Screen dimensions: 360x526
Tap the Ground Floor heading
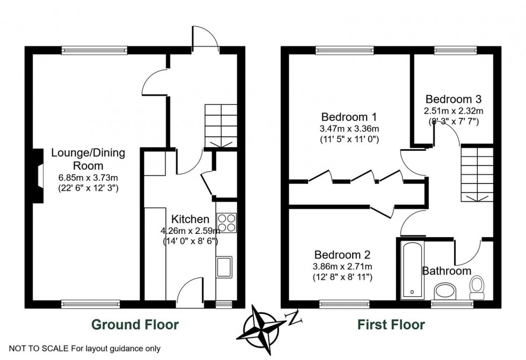[135, 325]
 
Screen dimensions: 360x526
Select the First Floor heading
[391, 325]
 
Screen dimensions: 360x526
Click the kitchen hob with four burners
[227, 223]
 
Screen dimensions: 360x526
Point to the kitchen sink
[223, 267]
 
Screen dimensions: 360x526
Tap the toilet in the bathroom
[476, 288]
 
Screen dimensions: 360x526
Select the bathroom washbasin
[444, 291]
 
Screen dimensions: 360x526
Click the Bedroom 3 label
[454, 99]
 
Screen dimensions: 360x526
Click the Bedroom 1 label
[349, 117]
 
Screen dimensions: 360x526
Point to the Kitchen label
[190, 219]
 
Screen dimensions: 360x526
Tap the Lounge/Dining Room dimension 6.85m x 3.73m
[88, 178]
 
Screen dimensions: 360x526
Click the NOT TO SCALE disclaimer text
[85, 349]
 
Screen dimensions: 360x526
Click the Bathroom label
[447, 271]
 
